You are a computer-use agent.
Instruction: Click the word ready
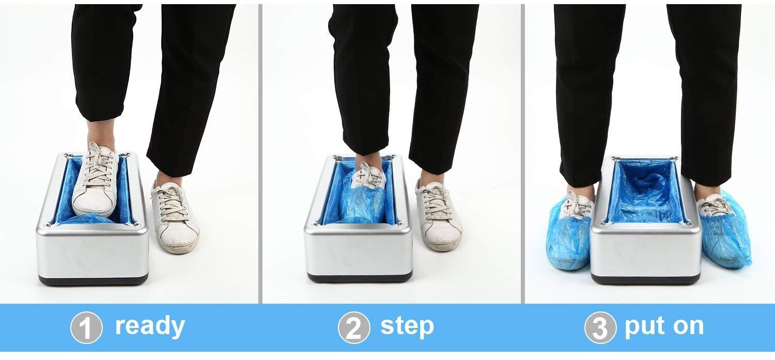[x=150, y=326]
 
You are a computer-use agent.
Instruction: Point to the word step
[x=407, y=326]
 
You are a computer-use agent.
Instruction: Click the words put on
[x=664, y=326]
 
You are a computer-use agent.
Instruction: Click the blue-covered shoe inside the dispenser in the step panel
[x=363, y=199]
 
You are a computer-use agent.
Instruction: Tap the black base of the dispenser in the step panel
[x=360, y=276]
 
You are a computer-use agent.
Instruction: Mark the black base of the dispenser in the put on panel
[x=646, y=279]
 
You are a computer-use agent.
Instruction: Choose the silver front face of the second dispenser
[x=360, y=251]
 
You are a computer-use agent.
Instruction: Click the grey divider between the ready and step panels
[x=260, y=155]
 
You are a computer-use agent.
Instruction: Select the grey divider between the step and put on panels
[x=522, y=155]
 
